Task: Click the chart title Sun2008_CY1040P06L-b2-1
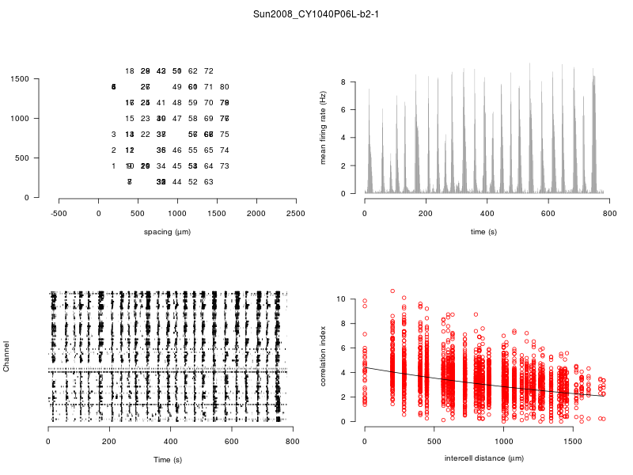pyautogui.click(x=316, y=13)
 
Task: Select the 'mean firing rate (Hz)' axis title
pyautogui.click(x=324, y=127)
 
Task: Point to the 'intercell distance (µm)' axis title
pyautogui.click(x=483, y=458)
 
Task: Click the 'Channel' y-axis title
pyautogui.click(x=7, y=357)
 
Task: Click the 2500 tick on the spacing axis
pyautogui.click(x=296, y=213)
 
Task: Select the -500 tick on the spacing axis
pyautogui.click(x=59, y=213)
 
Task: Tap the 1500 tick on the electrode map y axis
pyautogui.click(x=20, y=79)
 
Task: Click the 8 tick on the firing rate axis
pyautogui.click(x=344, y=82)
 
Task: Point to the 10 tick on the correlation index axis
pyautogui.click(x=342, y=299)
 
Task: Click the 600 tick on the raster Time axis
pyautogui.click(x=231, y=441)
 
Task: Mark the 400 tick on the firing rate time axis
pyautogui.click(x=487, y=213)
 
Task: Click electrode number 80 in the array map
pyautogui.click(x=224, y=87)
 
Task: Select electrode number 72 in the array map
pyautogui.click(x=209, y=71)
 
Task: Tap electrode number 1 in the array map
pyautogui.click(x=114, y=166)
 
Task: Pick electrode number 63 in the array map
pyautogui.click(x=209, y=182)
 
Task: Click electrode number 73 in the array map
pyautogui.click(x=224, y=166)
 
